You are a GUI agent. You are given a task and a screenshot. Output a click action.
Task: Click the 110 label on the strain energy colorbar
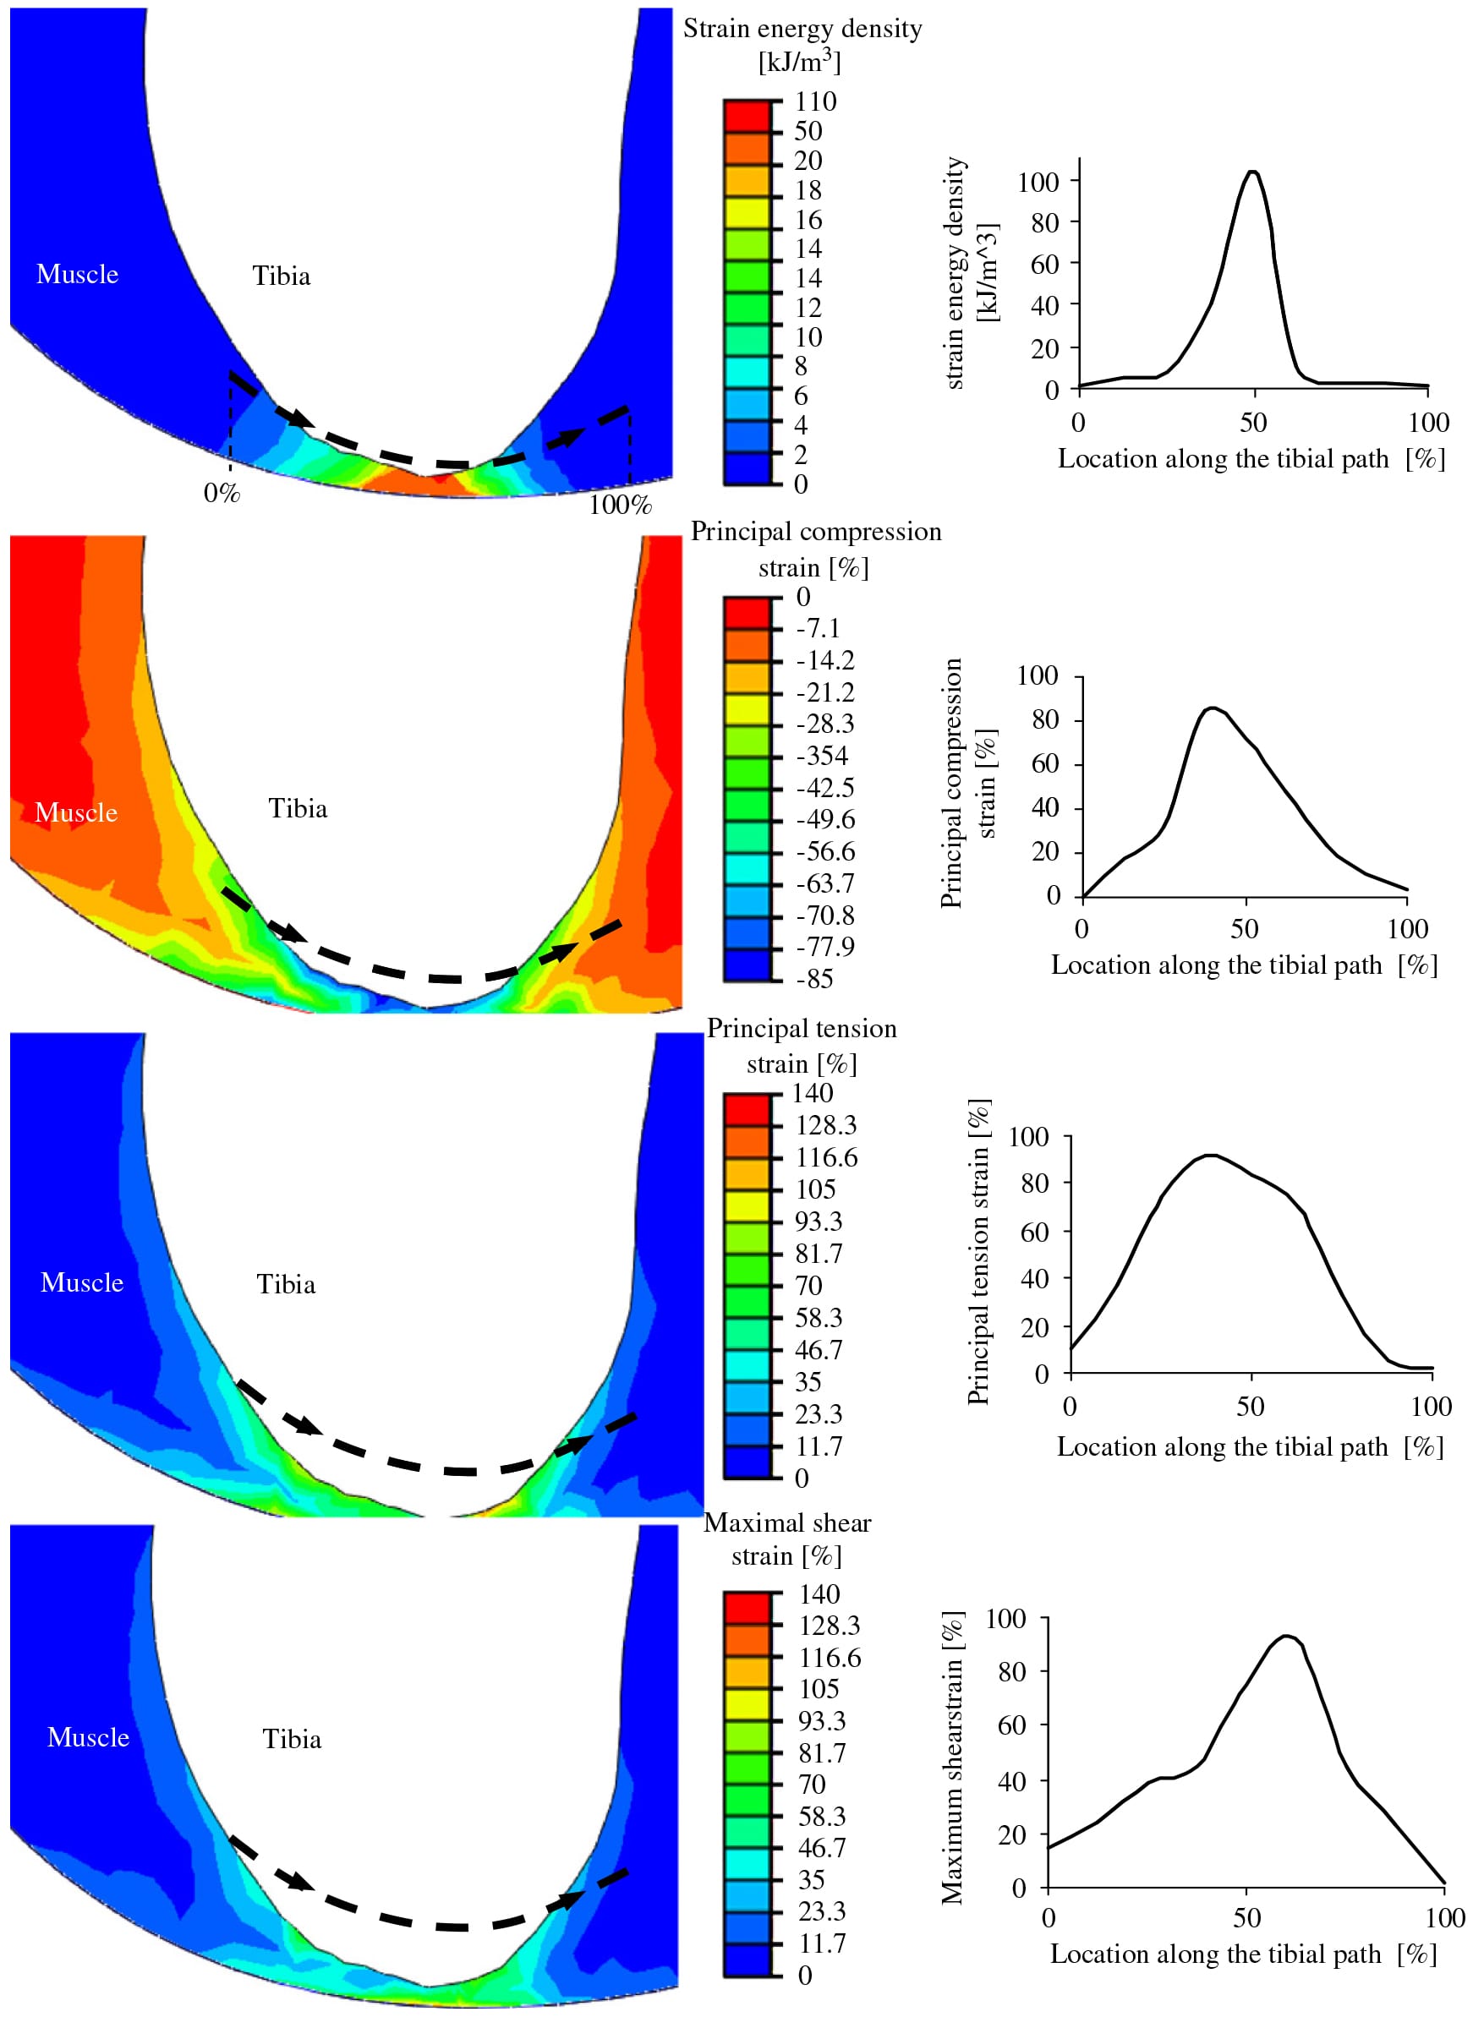(815, 101)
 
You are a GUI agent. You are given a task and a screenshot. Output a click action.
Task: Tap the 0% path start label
(221, 493)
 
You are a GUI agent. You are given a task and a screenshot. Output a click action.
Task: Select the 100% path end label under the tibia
(620, 505)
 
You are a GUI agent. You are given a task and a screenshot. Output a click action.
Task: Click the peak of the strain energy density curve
(1252, 172)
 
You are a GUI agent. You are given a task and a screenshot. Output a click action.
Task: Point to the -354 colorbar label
(822, 755)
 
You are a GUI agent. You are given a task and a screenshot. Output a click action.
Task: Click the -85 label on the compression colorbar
(815, 979)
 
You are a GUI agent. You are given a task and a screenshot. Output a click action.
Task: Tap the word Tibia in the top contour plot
(282, 276)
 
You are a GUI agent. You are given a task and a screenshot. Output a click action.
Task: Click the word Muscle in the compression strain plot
(76, 812)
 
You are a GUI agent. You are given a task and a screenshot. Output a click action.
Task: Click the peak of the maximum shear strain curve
(1286, 1637)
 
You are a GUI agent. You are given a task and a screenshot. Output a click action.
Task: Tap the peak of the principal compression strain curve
(1213, 708)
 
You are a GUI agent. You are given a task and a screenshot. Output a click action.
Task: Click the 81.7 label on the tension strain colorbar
(819, 1253)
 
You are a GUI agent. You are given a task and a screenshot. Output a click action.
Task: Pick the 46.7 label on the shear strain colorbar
(822, 1847)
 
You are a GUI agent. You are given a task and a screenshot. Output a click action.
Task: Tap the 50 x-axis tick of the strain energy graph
(1253, 422)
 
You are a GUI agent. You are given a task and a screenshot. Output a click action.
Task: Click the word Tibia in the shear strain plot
(292, 1739)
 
